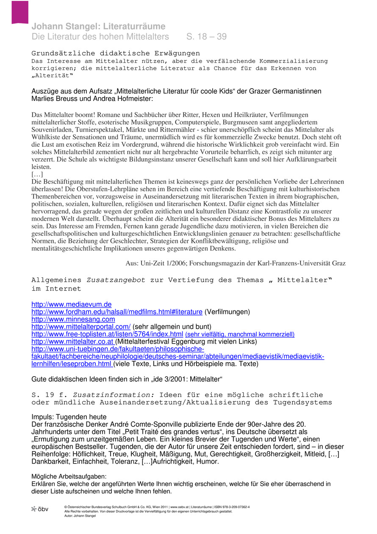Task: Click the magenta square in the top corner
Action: pyautogui.click(x=20, y=11)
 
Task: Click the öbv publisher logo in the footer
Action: pyautogui.click(x=40, y=509)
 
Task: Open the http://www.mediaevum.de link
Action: pyautogui.click(x=72, y=304)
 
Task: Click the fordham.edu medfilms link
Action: pyautogui.click(x=117, y=312)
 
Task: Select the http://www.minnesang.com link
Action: pyautogui.click(x=73, y=319)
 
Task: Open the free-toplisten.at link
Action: pyautogui.click(x=108, y=334)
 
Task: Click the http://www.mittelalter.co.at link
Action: pyautogui.click(x=72, y=341)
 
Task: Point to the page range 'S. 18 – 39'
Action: pyautogui.click(x=206, y=37)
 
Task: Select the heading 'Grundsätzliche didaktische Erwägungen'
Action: pyautogui.click(x=116, y=53)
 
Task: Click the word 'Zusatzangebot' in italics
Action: pyautogui.click(x=116, y=280)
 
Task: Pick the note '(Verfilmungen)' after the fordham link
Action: pyautogui.click(x=227, y=312)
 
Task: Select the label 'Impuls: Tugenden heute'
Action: pyautogui.click(x=69, y=417)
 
